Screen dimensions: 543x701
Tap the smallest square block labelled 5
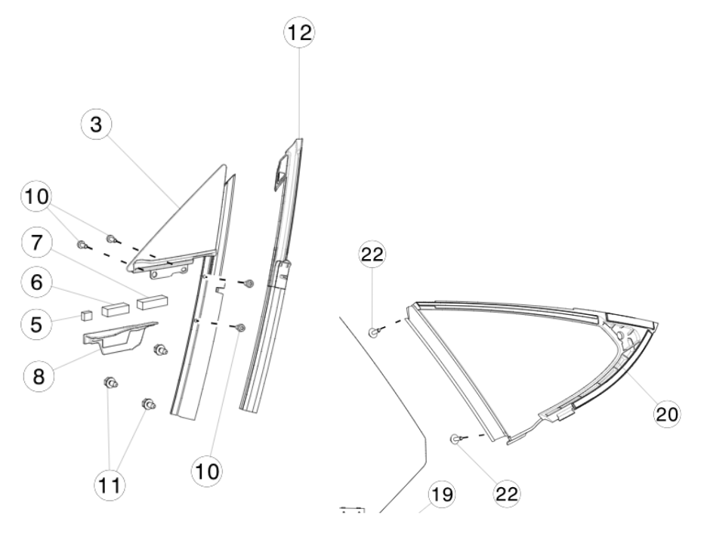(86, 313)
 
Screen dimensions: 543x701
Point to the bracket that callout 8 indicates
(117, 336)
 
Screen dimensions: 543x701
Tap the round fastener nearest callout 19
(455, 439)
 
